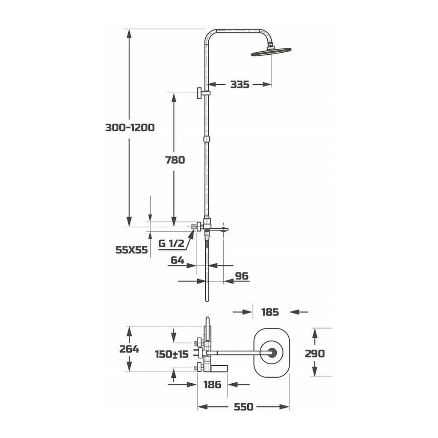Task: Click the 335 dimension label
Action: pos(240,84)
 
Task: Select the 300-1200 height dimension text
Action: pos(130,127)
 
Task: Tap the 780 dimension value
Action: pos(175,160)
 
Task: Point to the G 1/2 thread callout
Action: pos(171,243)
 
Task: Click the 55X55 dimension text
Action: pos(132,250)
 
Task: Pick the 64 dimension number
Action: pos(178,260)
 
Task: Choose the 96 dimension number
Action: pos(242,276)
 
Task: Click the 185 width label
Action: pos(270,312)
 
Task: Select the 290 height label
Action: pos(315,354)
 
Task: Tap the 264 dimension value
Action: pos(129,349)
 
